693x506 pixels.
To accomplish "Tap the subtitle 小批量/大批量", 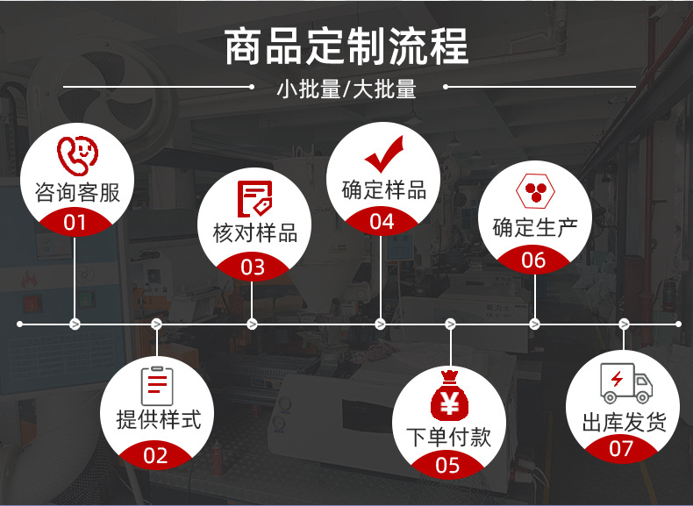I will click(346, 89).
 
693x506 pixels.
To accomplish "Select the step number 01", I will click(76, 222).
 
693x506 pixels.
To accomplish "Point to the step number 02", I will click(155, 455).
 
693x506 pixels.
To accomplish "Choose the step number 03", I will click(253, 267).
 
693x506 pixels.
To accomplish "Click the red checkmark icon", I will click(383, 154).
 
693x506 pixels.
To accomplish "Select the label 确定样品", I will click(382, 189).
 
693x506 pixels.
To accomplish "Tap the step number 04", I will click(382, 222).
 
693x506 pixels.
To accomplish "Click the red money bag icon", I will click(449, 398).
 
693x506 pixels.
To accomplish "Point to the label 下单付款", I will click(449, 436).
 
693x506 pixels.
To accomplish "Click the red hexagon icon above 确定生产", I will click(533, 191).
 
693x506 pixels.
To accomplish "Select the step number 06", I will click(533, 260).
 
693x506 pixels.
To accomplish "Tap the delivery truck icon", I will click(625, 383).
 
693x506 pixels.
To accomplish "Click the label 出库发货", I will click(624, 422).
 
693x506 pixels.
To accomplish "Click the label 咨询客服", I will click(77, 191).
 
